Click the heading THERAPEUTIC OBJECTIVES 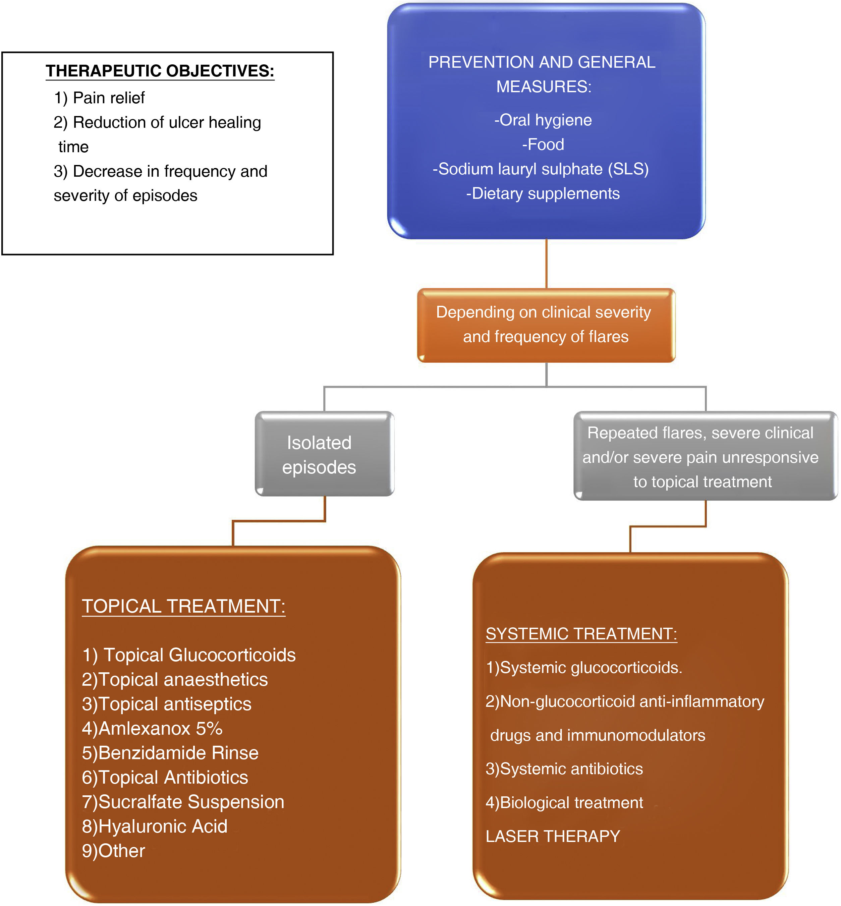(x=160, y=71)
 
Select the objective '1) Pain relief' (x=99, y=98)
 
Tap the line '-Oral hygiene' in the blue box (x=543, y=120)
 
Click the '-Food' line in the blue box (x=543, y=145)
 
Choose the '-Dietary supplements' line (x=543, y=194)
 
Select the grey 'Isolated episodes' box (x=324, y=454)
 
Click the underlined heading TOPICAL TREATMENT (x=183, y=607)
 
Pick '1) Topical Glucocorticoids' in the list (x=189, y=655)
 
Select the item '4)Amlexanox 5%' (x=152, y=729)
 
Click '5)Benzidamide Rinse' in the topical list (x=170, y=753)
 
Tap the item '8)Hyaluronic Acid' (x=155, y=827)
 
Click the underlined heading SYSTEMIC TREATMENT (x=581, y=634)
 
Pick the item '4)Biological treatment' (x=564, y=803)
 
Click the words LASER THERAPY (x=553, y=836)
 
